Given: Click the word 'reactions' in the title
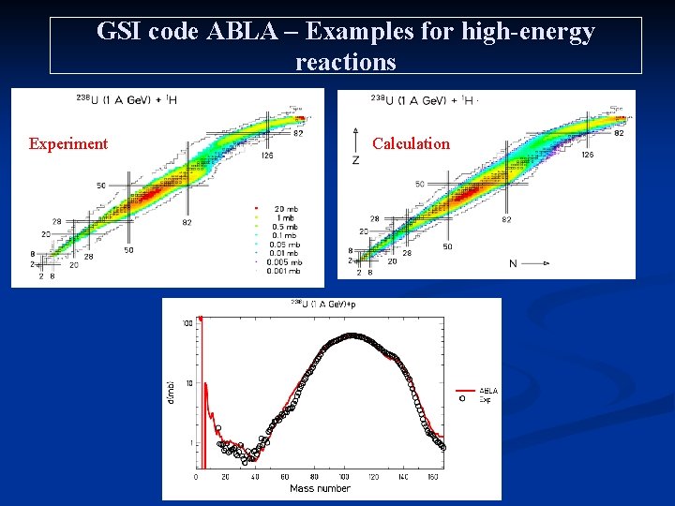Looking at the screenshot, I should (345, 62).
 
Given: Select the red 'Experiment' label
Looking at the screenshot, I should (67, 143).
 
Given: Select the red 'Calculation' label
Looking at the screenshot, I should (411, 143).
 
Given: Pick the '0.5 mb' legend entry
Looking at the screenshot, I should (285, 226).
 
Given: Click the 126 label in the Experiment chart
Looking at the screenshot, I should (267, 156).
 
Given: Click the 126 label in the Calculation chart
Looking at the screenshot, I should (587, 155).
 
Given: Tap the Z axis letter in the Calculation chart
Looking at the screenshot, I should (355, 161).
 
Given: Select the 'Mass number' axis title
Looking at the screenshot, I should (320, 488).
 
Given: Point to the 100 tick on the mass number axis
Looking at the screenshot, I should (344, 477).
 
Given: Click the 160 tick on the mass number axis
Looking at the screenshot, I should (432, 477).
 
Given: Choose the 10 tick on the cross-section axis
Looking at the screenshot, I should (188, 382).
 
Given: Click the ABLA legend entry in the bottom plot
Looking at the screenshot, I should (488, 391).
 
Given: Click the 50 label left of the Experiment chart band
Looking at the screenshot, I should (100, 186).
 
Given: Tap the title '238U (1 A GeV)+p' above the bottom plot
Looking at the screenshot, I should (323, 304).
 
